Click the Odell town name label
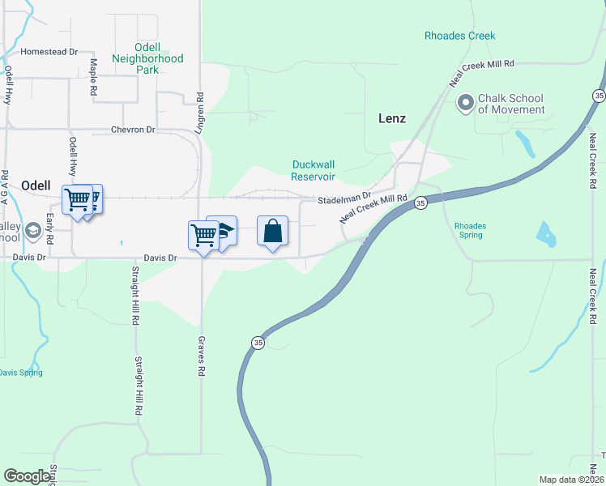pos(36,184)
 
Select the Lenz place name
pos(391,118)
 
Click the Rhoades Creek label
pos(459,36)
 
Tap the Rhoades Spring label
pos(470,230)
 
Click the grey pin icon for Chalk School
pos(465,103)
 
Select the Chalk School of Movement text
pos(510,104)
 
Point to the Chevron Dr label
pos(133,130)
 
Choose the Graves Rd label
pos(200,357)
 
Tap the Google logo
pos(27,477)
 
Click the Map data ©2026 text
pos(571,480)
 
